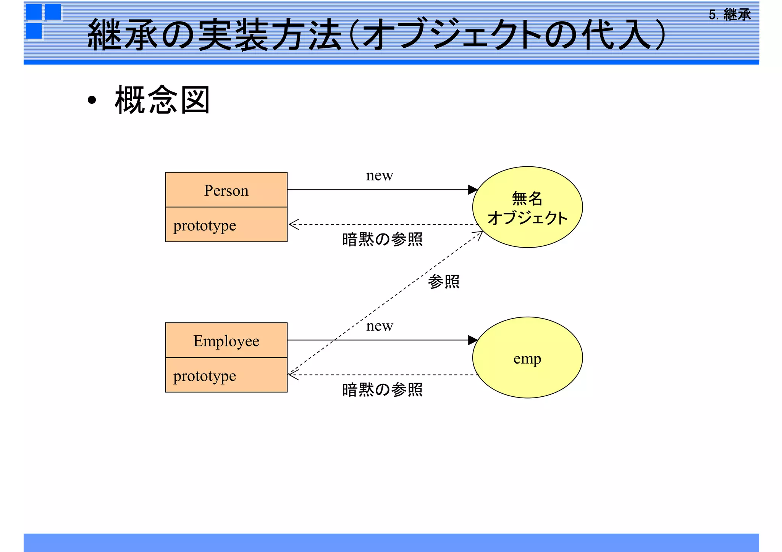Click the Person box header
[x=226, y=190]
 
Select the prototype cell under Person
[x=226, y=225]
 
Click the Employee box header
[x=226, y=340]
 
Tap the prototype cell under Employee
[x=226, y=375]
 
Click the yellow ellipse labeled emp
[x=527, y=358]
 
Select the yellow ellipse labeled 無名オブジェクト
[x=527, y=207]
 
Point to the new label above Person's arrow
[x=379, y=175]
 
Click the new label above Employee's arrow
[x=379, y=326]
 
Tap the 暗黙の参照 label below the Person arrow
[x=382, y=240]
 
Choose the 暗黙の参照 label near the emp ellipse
[x=382, y=390]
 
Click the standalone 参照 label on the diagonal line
[x=443, y=282]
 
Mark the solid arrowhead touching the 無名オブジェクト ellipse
[x=473, y=190]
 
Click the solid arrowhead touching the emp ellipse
[x=473, y=340]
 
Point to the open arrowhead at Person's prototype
[x=293, y=224]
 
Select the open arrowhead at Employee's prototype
[x=293, y=375]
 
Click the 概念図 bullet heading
[x=162, y=100]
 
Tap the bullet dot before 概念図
[x=92, y=100]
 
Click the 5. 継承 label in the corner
[x=729, y=15]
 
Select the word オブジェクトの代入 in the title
[x=508, y=35]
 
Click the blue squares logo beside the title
[x=43, y=21]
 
